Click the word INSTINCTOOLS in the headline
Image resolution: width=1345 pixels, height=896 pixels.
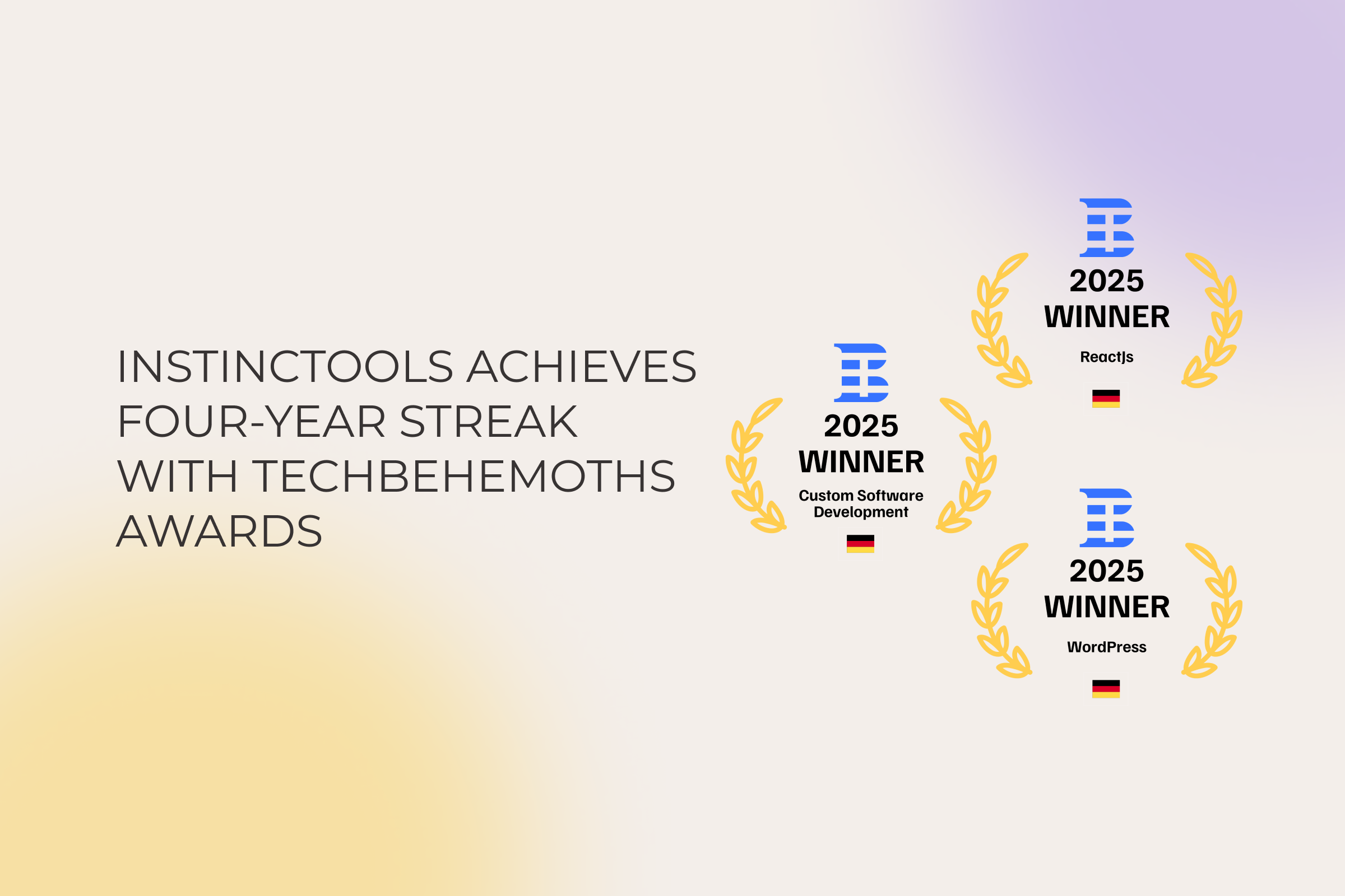[x=285, y=367]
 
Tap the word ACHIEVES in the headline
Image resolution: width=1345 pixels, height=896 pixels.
[x=582, y=367]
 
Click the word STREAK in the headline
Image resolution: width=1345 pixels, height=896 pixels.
[x=489, y=422]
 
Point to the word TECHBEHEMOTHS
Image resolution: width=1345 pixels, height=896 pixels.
[x=464, y=477]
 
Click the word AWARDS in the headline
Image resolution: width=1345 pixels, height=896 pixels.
[x=220, y=532]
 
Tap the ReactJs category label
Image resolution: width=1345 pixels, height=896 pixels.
[x=1106, y=357]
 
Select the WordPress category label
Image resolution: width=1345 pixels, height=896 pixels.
[x=1106, y=647]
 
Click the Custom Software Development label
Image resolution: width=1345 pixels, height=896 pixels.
[x=861, y=503]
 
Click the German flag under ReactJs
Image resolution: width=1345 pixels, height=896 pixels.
[x=1106, y=398]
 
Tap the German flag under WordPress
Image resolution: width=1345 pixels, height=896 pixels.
[x=1106, y=689]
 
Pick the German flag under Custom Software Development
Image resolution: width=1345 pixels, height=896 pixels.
[x=860, y=543]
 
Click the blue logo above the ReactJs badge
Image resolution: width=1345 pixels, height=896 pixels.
[x=1106, y=227]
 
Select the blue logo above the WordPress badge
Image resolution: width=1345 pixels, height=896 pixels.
[x=1106, y=517]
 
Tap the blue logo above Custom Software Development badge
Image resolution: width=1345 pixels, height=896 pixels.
[x=861, y=372]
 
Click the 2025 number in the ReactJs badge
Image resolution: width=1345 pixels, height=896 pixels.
[x=1106, y=281]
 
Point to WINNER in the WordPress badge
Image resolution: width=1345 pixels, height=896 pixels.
[x=1106, y=607]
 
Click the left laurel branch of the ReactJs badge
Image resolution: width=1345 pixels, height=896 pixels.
[x=998, y=323]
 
